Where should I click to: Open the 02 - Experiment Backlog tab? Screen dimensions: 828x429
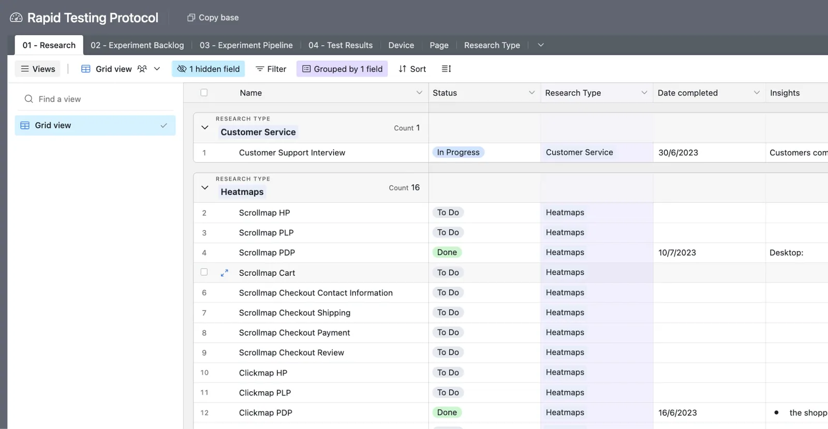[x=137, y=45]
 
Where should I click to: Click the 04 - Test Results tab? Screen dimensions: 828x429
[x=341, y=45]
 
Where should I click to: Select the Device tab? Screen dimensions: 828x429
[x=401, y=45]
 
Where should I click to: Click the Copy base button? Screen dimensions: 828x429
[x=213, y=18]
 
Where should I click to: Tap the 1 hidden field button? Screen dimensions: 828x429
[x=209, y=69]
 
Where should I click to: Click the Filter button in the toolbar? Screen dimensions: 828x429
[x=271, y=69]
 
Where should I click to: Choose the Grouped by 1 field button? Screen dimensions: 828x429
[x=342, y=69]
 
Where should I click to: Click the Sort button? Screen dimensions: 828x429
[x=412, y=69]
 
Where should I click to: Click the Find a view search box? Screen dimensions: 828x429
[x=95, y=99]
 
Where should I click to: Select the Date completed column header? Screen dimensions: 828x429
[x=688, y=93]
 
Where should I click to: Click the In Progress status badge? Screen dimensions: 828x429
[x=459, y=152]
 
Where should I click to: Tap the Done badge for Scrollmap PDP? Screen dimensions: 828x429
[x=447, y=253]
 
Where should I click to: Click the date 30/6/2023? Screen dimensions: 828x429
[x=678, y=153]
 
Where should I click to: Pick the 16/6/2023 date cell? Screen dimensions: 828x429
[x=677, y=413]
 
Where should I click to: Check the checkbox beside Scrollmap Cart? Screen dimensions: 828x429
[x=204, y=272]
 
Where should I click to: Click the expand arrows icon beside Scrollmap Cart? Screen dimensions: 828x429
[x=225, y=273]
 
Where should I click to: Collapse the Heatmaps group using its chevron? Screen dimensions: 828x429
[x=205, y=188]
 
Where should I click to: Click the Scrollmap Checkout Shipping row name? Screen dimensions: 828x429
[x=294, y=313]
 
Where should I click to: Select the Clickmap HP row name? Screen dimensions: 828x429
[x=263, y=373]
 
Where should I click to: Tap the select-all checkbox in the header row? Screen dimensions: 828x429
[x=204, y=93]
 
